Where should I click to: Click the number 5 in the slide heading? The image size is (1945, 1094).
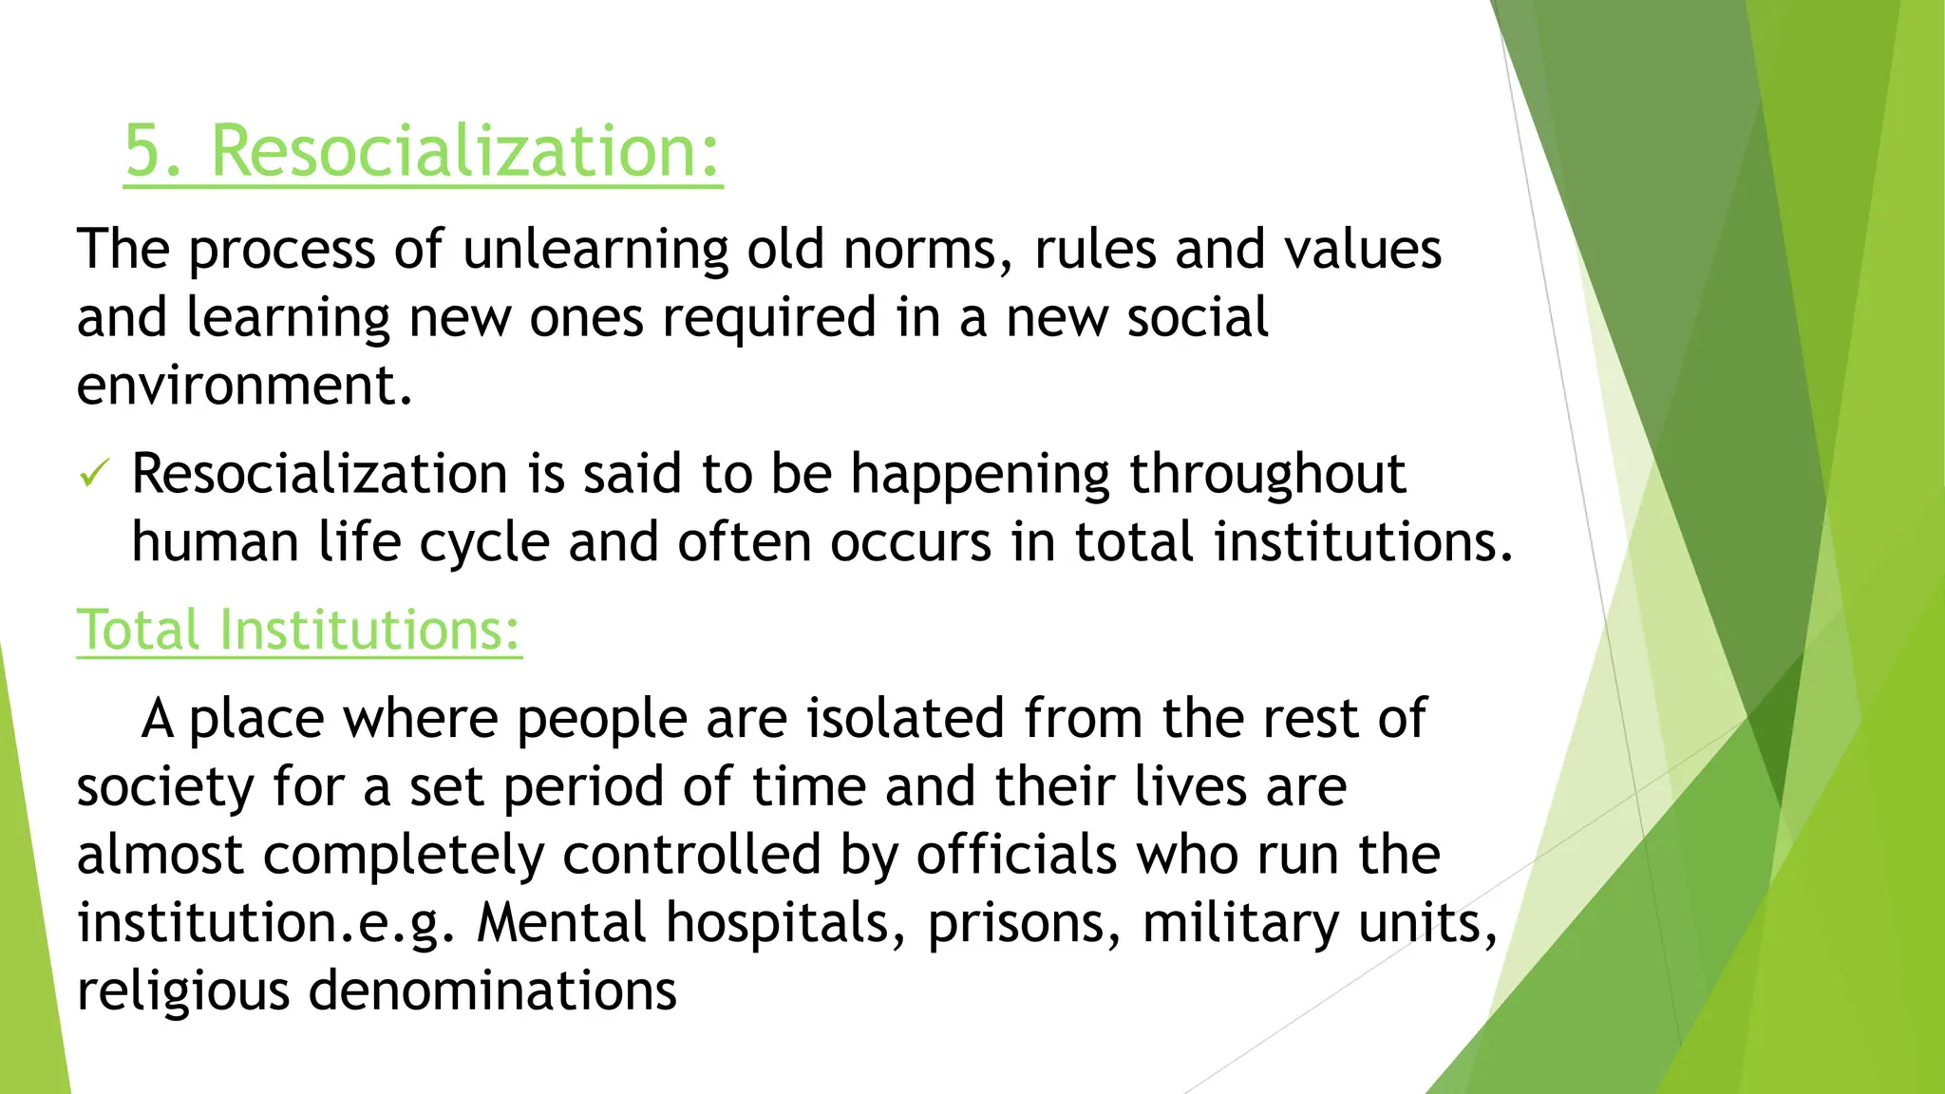point(144,152)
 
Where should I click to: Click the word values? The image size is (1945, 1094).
point(1363,251)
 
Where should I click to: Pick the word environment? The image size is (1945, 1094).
point(244,386)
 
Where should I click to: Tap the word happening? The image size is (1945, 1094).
point(979,475)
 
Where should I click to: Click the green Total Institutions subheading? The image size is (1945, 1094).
point(299,630)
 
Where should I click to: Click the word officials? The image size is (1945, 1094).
point(1016,855)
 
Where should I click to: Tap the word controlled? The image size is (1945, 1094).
point(691,855)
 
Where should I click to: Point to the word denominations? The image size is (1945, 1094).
point(493,991)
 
